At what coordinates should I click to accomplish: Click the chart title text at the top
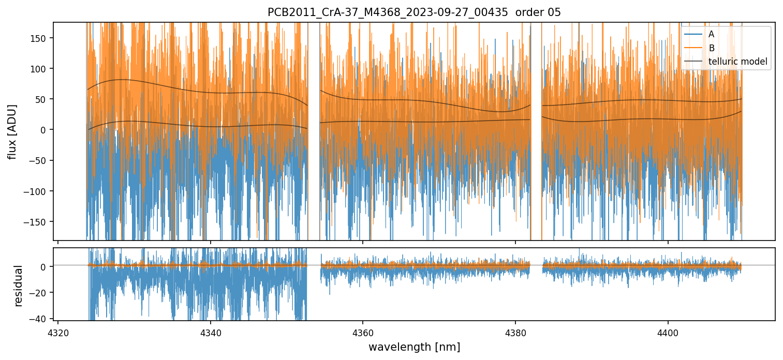pos(414,12)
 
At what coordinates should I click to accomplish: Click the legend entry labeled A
pos(711,34)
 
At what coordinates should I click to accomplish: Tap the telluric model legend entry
pos(737,62)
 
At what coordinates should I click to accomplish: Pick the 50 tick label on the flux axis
pos(41,99)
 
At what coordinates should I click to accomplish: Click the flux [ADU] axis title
pos(12,131)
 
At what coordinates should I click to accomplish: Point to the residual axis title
pos(19,285)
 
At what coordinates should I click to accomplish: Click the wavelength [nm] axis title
pos(414,347)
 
